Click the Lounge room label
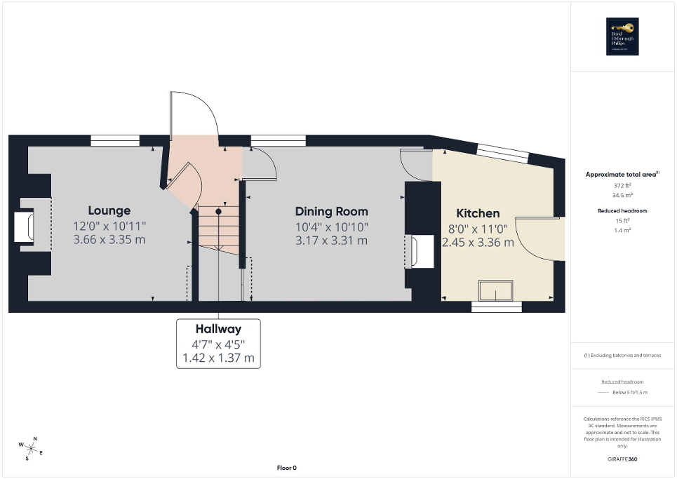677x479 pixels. click(x=109, y=210)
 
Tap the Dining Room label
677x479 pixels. click(x=331, y=211)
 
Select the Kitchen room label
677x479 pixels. click(x=478, y=213)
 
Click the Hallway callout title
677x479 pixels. click(x=218, y=329)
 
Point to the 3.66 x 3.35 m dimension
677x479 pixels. click(x=109, y=240)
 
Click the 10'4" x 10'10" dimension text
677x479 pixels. click(x=331, y=227)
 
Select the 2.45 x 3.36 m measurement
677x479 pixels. click(x=478, y=243)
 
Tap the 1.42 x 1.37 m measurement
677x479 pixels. click(x=218, y=359)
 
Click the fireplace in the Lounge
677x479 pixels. click(x=24, y=227)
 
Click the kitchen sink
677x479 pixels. click(x=495, y=289)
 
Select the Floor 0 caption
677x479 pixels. click(x=286, y=468)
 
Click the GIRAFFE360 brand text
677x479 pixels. click(x=623, y=460)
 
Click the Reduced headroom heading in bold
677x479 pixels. click(x=622, y=210)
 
